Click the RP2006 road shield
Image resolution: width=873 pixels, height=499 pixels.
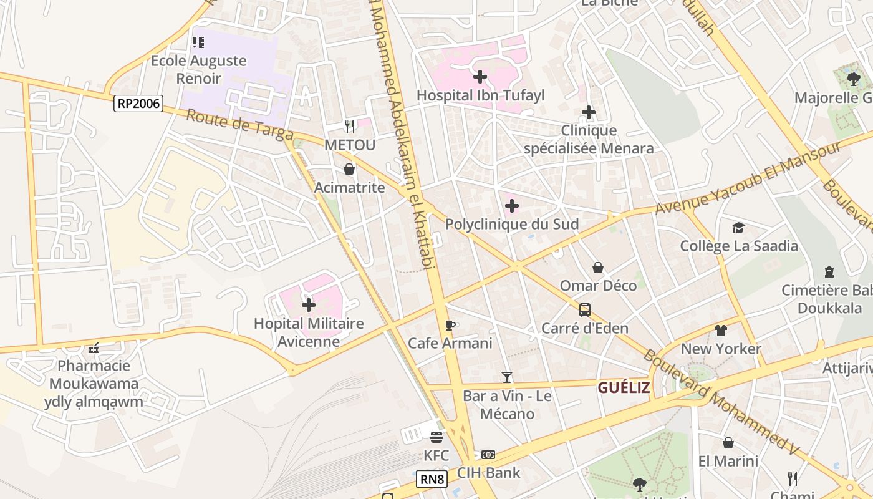(x=138, y=104)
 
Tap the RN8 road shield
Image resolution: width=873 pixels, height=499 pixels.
(x=432, y=479)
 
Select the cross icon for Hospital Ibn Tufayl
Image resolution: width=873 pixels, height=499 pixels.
(x=480, y=77)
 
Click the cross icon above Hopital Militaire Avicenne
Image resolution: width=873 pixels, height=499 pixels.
(x=309, y=305)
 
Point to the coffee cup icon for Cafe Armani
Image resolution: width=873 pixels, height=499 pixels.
(x=450, y=325)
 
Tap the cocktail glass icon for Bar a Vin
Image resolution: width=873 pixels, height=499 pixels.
(x=507, y=377)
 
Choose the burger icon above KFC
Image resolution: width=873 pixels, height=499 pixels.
(x=436, y=437)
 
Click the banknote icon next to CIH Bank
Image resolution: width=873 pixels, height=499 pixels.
(x=488, y=455)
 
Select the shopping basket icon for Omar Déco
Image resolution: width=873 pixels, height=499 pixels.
(x=598, y=268)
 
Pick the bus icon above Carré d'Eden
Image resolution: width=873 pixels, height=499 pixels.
(x=585, y=310)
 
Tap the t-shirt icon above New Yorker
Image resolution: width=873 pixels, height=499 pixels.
(x=721, y=330)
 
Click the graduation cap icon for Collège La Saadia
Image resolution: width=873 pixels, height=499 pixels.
(x=739, y=228)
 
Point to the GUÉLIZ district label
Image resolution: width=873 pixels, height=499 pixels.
(x=624, y=388)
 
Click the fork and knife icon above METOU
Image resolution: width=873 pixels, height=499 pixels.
(x=350, y=127)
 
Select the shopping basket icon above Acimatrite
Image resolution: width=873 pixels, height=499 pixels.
(x=349, y=169)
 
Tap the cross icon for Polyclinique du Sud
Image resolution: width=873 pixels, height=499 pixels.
(x=512, y=206)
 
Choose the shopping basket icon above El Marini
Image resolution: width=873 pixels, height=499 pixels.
(x=728, y=443)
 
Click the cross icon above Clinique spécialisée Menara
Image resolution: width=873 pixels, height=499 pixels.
(x=589, y=113)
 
